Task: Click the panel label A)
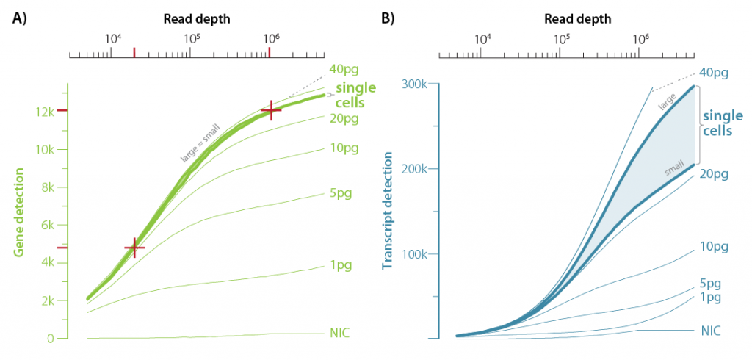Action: coord(20,20)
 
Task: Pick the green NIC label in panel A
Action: coord(340,334)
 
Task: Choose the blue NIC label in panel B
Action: coord(710,331)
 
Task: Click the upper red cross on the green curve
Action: coord(271,111)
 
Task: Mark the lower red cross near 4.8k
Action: coord(134,248)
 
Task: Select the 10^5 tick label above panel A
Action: coord(190,37)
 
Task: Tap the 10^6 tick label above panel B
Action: coord(640,37)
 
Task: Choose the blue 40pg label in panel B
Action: coord(714,73)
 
